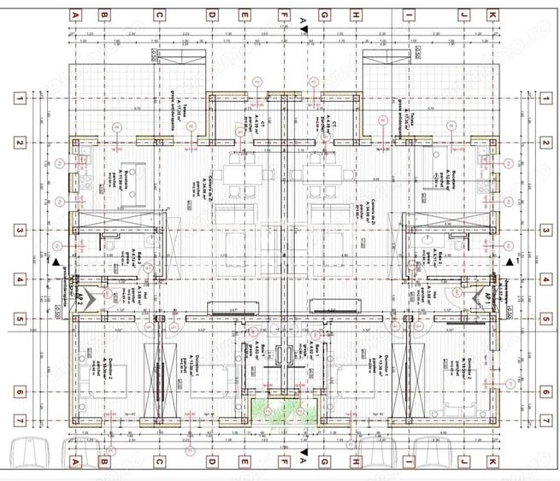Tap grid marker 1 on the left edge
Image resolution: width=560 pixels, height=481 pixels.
pos(18,99)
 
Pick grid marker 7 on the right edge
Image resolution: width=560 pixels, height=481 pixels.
pos(545,421)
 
